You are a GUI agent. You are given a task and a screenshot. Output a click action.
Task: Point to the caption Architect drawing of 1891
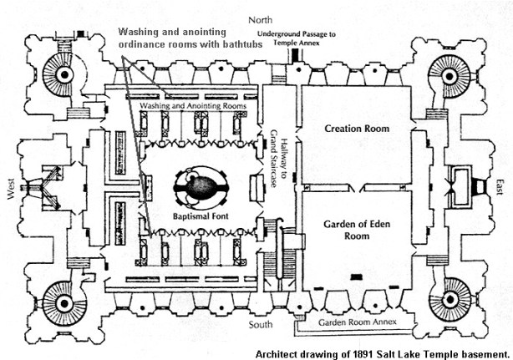click(x=382, y=352)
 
